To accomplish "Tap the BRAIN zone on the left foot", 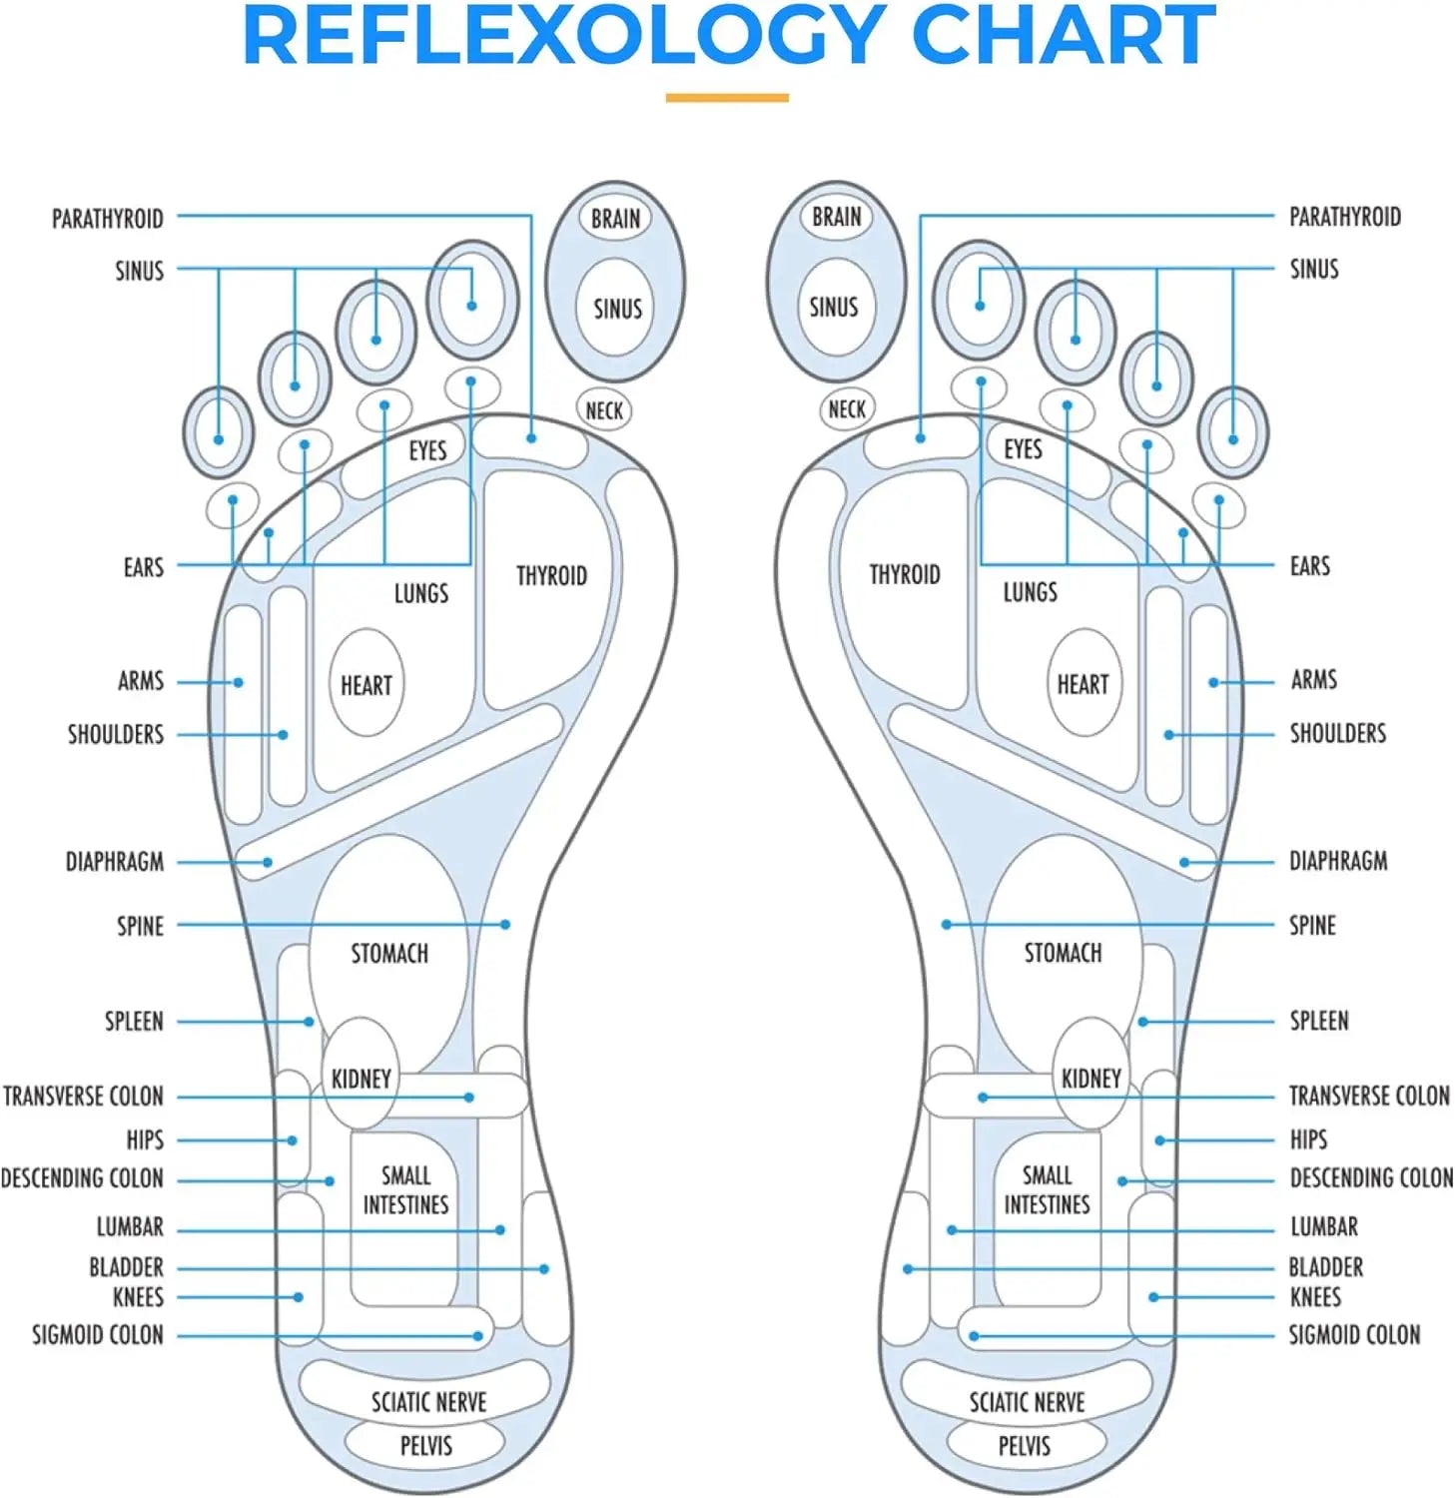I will pos(615,219).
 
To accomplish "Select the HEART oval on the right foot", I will pos(1083,684).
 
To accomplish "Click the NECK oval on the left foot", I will pos(604,409).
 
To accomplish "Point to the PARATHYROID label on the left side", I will pos(108,219).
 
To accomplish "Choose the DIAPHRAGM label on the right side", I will pos(1338,861).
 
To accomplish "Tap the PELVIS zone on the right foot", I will pos(1025,1445).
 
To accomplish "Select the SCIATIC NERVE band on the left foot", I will pos(428,1402).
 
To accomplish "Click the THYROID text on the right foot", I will pos(905,574).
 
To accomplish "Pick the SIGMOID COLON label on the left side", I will pos(98,1335).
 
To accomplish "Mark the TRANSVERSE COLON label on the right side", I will pos(1369,1097).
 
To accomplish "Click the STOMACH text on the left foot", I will pos(389,954).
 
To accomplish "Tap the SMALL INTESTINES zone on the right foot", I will pos(1047,1189).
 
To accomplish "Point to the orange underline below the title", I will pos(727,98).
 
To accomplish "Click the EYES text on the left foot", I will pos(427,450).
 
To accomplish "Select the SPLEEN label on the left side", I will pos(134,1022).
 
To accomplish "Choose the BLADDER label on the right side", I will pos(1325,1267).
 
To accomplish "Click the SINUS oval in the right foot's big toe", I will pos(834,307).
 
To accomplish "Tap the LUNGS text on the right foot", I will pos(1030,592).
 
